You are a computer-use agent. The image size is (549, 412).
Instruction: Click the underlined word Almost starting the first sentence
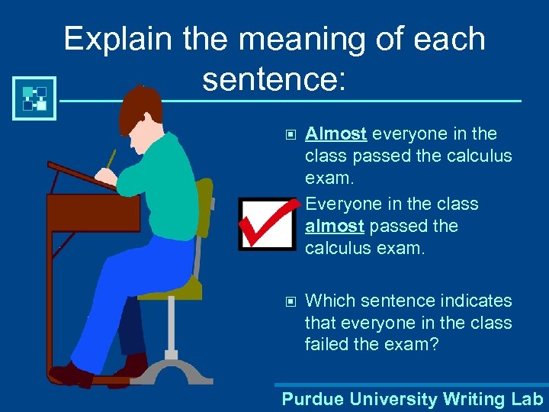[336, 134]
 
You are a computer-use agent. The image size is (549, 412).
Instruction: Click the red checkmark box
[267, 224]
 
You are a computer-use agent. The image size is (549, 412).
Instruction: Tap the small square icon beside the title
[34, 98]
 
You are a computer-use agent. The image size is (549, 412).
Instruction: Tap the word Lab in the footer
[527, 399]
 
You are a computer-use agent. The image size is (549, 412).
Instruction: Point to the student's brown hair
[141, 107]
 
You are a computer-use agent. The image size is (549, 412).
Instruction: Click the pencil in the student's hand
[111, 159]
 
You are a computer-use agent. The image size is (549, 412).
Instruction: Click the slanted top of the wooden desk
[80, 175]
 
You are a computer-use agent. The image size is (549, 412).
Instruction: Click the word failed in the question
[328, 345]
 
